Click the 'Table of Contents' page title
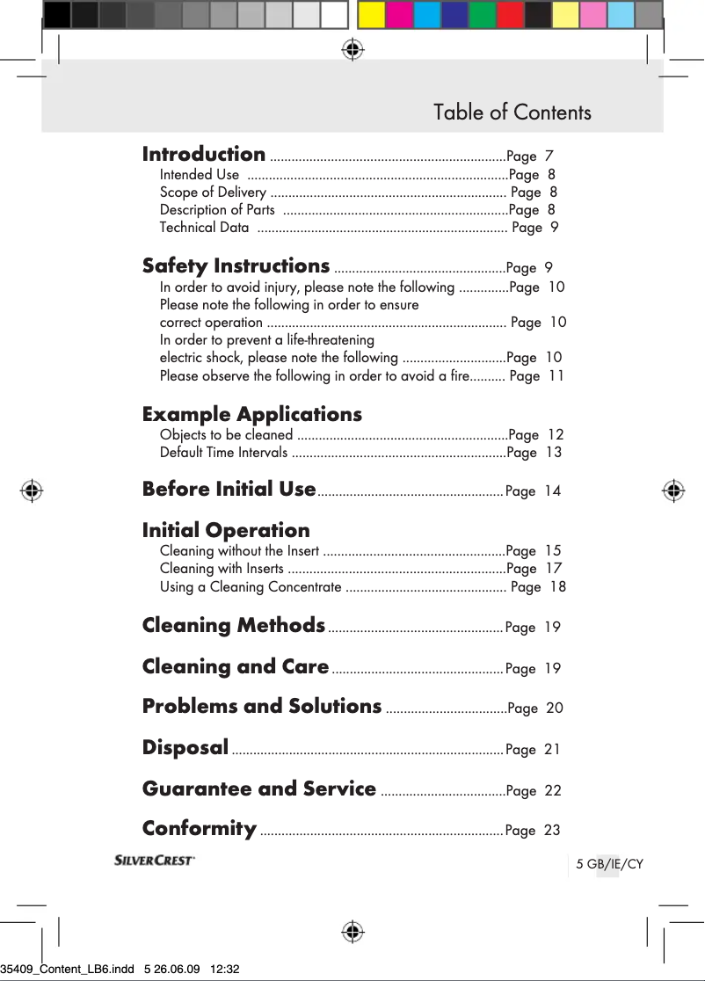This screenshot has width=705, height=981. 512,113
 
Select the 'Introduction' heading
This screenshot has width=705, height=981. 204,154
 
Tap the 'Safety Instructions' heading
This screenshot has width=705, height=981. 236,265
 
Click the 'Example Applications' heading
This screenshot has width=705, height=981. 251,414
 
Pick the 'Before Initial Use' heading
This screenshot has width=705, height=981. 229,489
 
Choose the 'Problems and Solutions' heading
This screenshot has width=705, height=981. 262,706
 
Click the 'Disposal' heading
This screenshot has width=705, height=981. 185,747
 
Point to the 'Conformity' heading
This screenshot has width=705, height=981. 200,828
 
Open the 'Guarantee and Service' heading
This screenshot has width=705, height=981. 259,788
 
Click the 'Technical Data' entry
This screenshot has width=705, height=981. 204,228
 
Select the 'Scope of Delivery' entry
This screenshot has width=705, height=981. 213,193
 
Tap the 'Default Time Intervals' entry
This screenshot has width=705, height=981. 223,453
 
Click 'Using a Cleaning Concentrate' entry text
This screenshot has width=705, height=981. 251,587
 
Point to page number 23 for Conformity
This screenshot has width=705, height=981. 552,831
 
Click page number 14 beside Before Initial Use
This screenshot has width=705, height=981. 552,491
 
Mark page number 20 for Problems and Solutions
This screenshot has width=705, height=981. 555,708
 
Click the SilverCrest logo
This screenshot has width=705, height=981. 155,861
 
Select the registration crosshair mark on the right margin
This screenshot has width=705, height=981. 673,490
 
